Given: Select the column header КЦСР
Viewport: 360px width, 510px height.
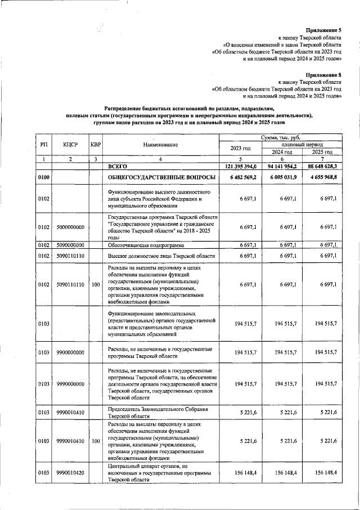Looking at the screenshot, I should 70,145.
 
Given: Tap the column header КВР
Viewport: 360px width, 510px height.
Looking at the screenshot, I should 96,145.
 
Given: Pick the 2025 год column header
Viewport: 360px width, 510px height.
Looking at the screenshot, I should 322,152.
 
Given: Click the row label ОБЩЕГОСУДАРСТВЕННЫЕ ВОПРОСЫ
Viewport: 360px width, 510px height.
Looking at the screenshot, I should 161,177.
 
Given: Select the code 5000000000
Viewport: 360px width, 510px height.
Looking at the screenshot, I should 70,227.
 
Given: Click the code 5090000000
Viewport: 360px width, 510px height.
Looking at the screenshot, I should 70,245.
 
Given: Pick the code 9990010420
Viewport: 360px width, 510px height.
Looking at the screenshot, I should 70,473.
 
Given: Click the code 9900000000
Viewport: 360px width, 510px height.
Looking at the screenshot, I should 70,352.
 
